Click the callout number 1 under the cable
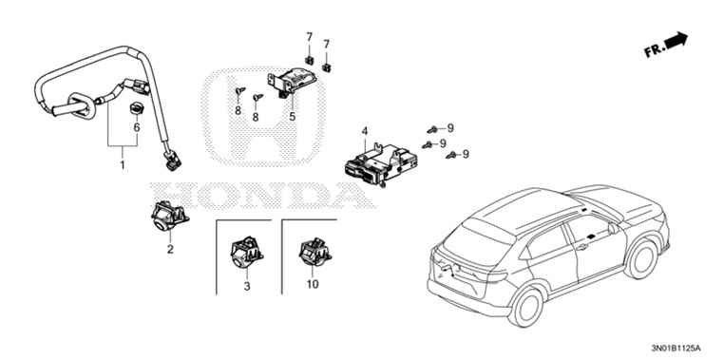[x=122, y=164]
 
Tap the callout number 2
[x=170, y=250]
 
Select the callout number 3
[x=246, y=285]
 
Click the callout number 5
[x=293, y=116]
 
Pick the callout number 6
[x=136, y=126]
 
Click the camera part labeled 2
[x=164, y=218]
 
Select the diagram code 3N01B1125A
[x=680, y=348]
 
